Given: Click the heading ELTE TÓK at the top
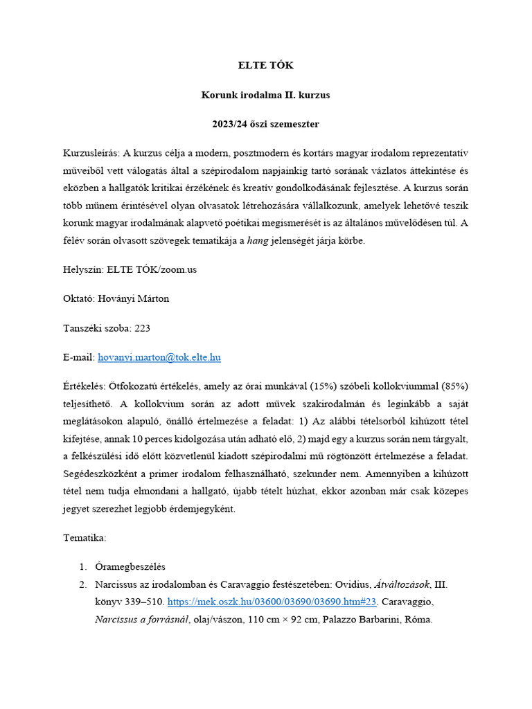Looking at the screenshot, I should [x=266, y=66].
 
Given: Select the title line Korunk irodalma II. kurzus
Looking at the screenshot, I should [x=266, y=95].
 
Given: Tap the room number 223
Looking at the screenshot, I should [x=143, y=327].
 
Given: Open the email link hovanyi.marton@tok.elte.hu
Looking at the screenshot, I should [x=159, y=357].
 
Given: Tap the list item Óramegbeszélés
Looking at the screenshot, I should [x=130, y=566].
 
